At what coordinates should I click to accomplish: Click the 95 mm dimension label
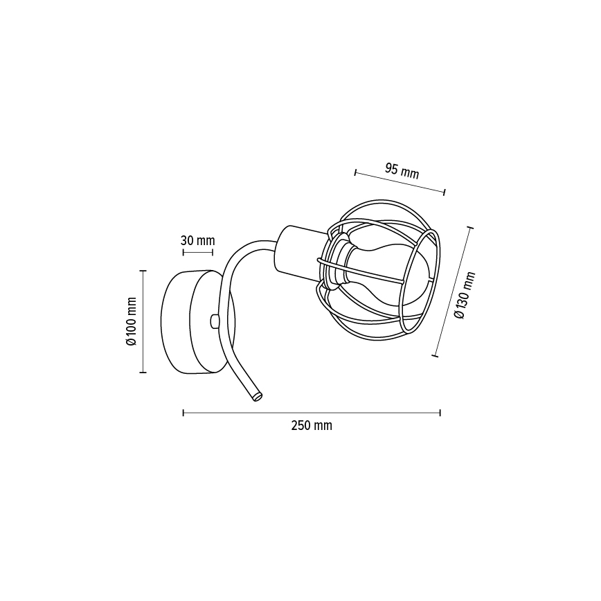tap(402, 170)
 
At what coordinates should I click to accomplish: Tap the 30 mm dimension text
tap(197, 241)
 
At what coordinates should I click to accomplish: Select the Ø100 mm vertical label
tap(131, 321)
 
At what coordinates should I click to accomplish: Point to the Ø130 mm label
tap(465, 295)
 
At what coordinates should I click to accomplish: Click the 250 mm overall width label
tap(311, 426)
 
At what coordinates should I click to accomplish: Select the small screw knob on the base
tap(214, 321)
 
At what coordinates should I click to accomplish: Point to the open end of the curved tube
tap(257, 397)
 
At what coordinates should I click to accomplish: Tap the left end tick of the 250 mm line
tap(183, 413)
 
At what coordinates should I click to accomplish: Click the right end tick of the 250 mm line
tap(440, 413)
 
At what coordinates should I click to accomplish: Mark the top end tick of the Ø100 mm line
tap(143, 271)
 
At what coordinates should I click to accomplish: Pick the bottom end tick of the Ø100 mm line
tap(143, 373)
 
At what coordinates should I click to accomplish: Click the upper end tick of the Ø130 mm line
tap(472, 227)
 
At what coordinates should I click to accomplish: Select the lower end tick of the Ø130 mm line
tap(435, 356)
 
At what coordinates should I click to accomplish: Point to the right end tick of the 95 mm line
tap(445, 192)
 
